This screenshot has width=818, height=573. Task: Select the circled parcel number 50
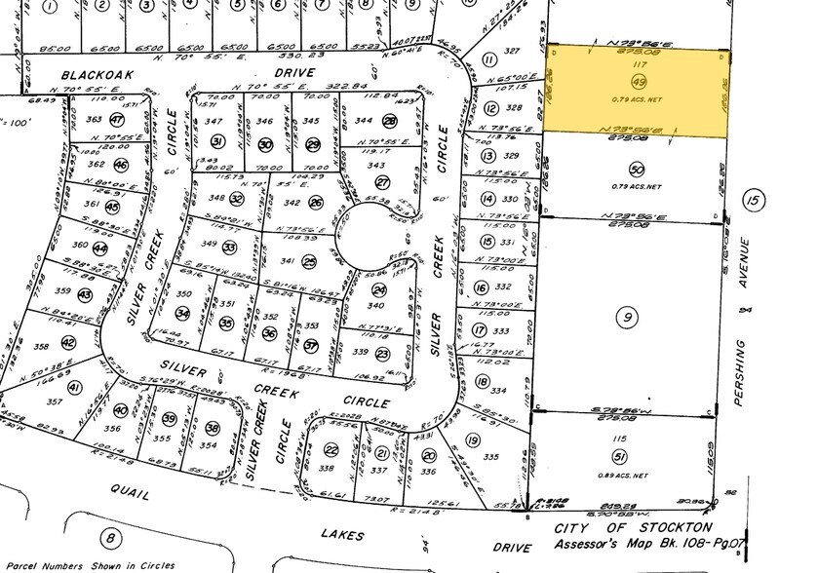[638, 169]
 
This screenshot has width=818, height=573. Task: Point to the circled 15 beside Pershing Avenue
[750, 201]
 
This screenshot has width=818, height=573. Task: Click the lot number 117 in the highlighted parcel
[638, 65]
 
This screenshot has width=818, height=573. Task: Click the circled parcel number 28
[390, 122]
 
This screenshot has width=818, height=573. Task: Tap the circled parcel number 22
[331, 449]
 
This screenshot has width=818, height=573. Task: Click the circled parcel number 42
[67, 342]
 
